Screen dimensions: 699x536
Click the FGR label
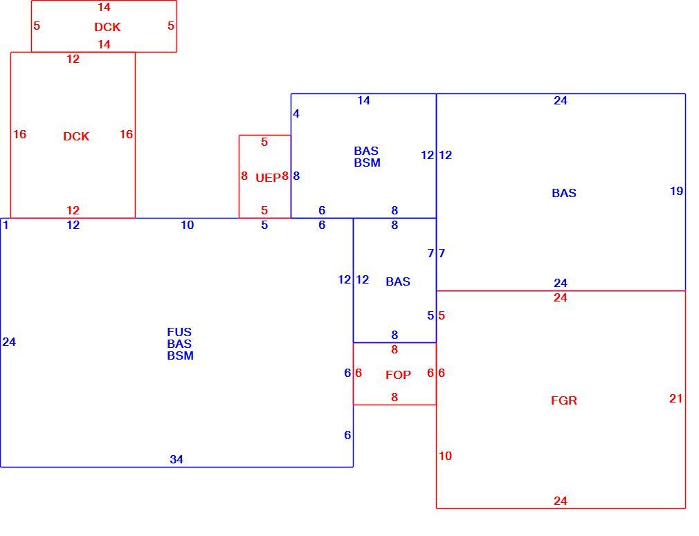coord(564,400)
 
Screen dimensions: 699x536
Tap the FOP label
coord(398,375)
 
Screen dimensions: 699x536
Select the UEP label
coord(268,178)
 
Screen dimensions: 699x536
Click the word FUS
coord(179,332)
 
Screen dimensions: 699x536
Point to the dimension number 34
coord(176,459)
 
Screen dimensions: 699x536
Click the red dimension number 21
coord(676,398)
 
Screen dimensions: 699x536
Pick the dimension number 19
coord(677,191)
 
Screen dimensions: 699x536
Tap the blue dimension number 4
coord(296,113)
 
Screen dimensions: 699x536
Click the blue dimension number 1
coord(6,225)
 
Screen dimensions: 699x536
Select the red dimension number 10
coord(445,456)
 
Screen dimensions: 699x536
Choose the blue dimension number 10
coord(188,225)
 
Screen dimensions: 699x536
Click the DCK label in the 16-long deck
coord(76,136)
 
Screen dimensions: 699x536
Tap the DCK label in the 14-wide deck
coord(107,27)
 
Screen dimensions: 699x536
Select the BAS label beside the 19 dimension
coord(564,193)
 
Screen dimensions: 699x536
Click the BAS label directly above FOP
coord(398,281)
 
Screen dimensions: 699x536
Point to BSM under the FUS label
coord(180,355)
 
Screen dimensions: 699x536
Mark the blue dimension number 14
coord(364,101)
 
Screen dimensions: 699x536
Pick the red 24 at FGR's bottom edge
coord(561,501)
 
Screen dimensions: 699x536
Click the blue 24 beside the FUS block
coord(9,342)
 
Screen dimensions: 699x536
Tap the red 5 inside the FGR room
coord(442,315)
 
